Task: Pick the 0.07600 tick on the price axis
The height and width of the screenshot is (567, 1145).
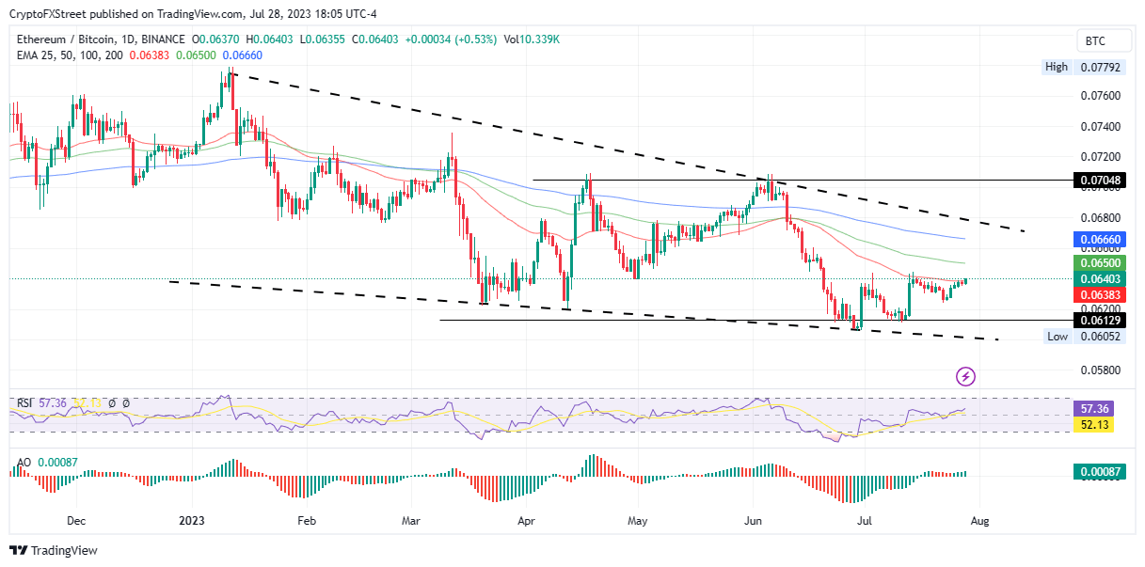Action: (1098, 96)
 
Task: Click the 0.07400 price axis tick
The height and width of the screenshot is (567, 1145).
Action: (1098, 126)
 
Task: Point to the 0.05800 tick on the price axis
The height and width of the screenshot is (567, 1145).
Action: (1098, 370)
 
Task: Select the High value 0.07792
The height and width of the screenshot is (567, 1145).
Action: (1098, 68)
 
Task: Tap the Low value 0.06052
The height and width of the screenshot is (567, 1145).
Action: (1098, 337)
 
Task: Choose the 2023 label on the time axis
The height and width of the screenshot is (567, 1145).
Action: (193, 519)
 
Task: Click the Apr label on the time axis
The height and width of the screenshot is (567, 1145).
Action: (526, 519)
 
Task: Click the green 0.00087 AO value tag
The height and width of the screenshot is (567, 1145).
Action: (1098, 473)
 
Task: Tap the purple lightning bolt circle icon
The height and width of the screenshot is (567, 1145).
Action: (965, 377)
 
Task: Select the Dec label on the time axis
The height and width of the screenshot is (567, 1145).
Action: (77, 519)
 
